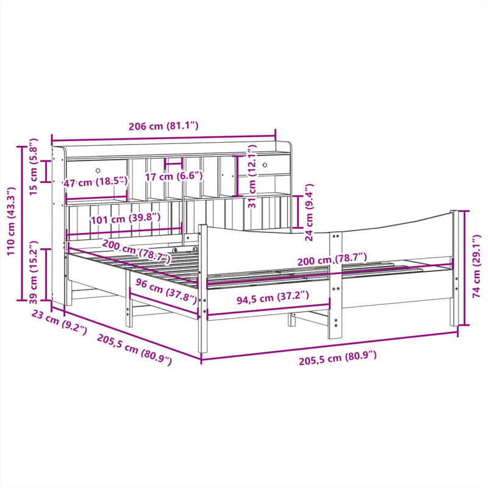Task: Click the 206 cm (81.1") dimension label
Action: [x=163, y=126]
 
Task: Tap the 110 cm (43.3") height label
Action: [x=11, y=222]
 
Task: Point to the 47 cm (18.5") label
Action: [x=95, y=181]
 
